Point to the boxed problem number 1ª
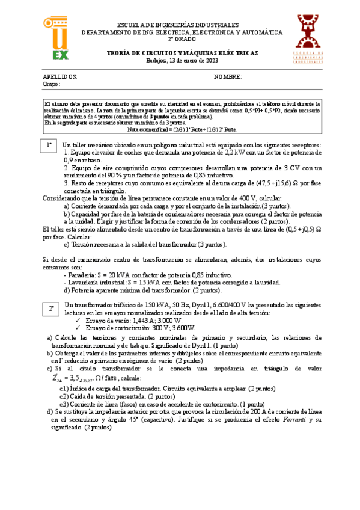coord(50,146)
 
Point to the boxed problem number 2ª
coord(51,309)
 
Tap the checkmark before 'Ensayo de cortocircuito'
coord(78,328)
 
